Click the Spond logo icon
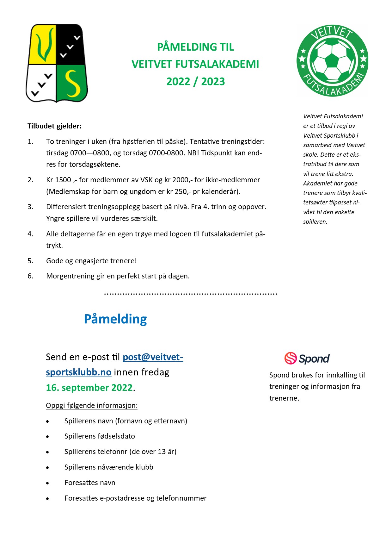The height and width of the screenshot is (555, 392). coord(291,358)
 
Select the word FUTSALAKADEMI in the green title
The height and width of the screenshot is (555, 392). coord(217,64)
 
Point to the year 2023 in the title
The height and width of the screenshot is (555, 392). coord(213,82)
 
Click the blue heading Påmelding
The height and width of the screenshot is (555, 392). coord(115,319)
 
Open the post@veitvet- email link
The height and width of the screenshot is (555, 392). coord(153,357)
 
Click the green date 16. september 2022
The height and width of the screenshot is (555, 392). coord(89,388)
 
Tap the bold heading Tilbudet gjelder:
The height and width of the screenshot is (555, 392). coord(54,126)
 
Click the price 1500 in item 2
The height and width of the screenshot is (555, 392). coord(63,180)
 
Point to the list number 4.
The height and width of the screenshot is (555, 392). coord(30,234)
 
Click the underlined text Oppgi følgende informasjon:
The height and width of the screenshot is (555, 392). coord(92,406)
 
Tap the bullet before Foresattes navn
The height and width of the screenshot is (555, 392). coord(47,483)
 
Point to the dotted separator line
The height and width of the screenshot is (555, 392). coord(191,294)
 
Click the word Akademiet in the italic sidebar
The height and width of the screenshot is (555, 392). coord(316,184)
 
